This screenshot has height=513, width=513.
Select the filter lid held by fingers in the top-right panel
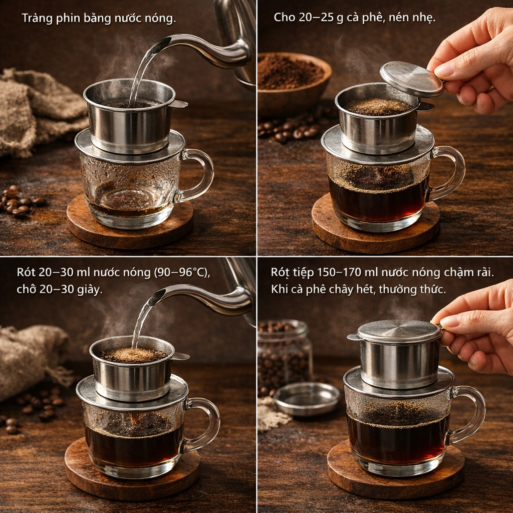(x=411, y=79)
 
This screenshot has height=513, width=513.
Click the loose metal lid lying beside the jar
(x=307, y=398)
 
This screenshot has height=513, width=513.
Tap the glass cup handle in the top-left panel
(x=197, y=175)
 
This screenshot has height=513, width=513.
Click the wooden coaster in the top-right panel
(x=376, y=226)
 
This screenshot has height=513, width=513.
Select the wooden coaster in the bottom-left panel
(x=132, y=471)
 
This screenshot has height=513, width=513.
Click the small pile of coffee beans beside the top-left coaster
(x=20, y=202)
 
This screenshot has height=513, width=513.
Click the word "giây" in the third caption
(x=90, y=290)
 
